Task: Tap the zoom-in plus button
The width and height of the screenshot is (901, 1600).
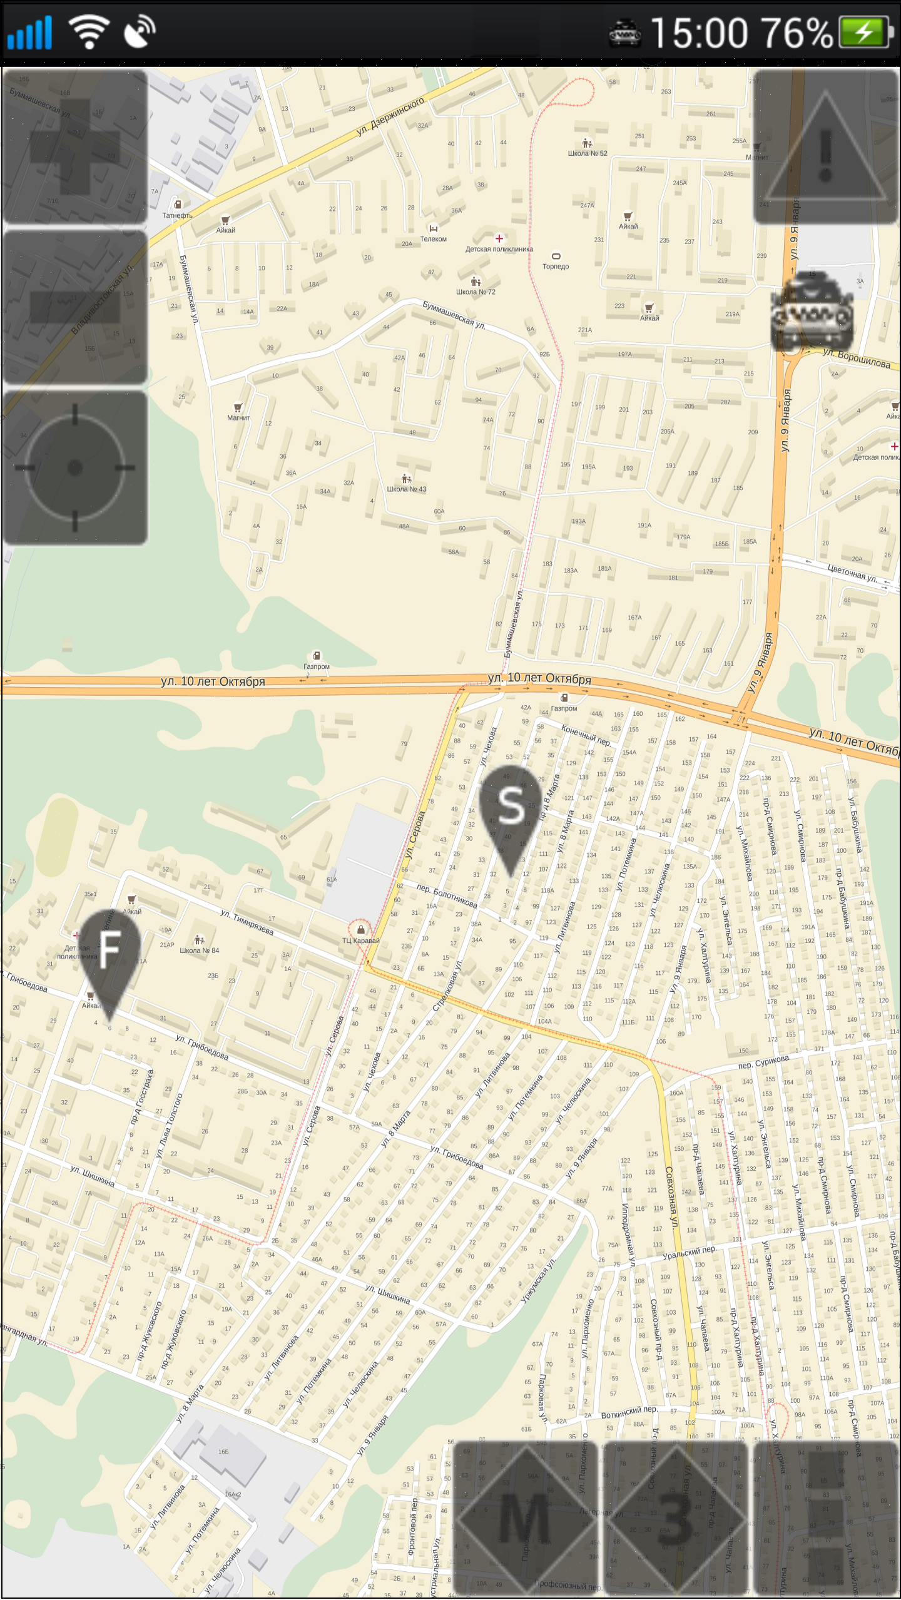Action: pyautogui.click(x=75, y=146)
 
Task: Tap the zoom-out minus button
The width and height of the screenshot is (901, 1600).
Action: pyautogui.click(x=75, y=307)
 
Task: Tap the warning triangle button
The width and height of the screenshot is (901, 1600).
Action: pyautogui.click(x=825, y=148)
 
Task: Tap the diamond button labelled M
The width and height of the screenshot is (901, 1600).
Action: pyautogui.click(x=524, y=1520)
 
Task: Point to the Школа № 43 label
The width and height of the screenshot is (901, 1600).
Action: pyautogui.click(x=406, y=489)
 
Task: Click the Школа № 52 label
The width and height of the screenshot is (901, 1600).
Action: pyautogui.click(x=587, y=153)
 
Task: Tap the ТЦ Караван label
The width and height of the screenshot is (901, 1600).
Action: pyautogui.click(x=360, y=940)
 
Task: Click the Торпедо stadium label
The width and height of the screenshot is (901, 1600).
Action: pyautogui.click(x=556, y=266)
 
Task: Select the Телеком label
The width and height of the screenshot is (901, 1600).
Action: pyautogui.click(x=433, y=238)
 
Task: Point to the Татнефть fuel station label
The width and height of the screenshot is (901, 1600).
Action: pyautogui.click(x=177, y=215)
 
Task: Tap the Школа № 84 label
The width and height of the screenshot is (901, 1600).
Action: pyautogui.click(x=199, y=950)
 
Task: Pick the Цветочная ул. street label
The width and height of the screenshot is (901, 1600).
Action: pyautogui.click(x=852, y=573)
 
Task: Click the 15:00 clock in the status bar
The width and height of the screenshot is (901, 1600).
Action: pyautogui.click(x=699, y=33)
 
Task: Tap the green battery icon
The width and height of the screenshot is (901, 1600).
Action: pyautogui.click(x=865, y=33)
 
